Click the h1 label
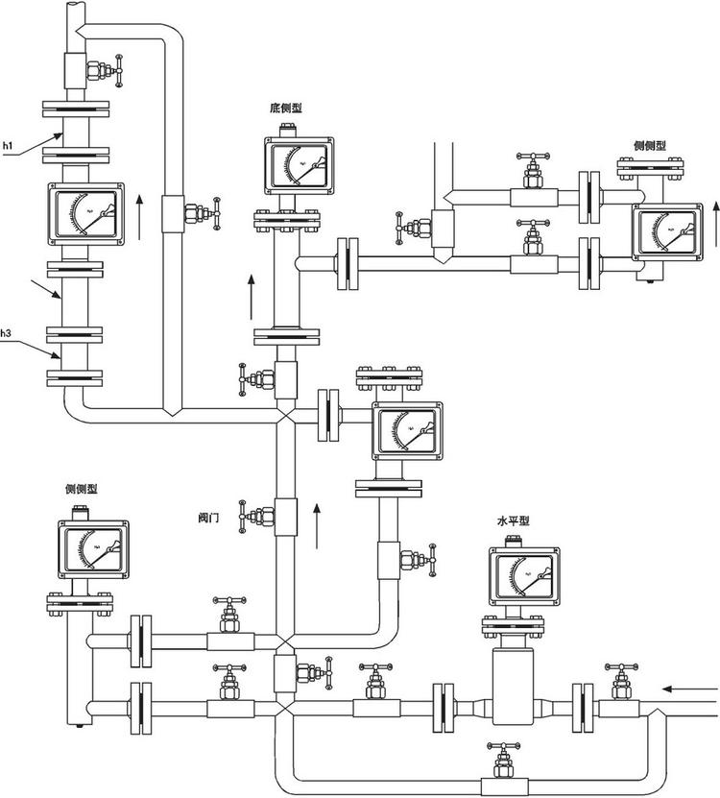(9, 145)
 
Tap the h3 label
(7, 332)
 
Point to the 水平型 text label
(513, 521)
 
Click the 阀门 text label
(209, 517)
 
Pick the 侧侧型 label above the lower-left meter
(82, 490)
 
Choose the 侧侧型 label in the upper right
(650, 145)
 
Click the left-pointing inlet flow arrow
(689, 688)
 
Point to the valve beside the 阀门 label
(254, 516)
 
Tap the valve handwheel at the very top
(119, 68)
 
